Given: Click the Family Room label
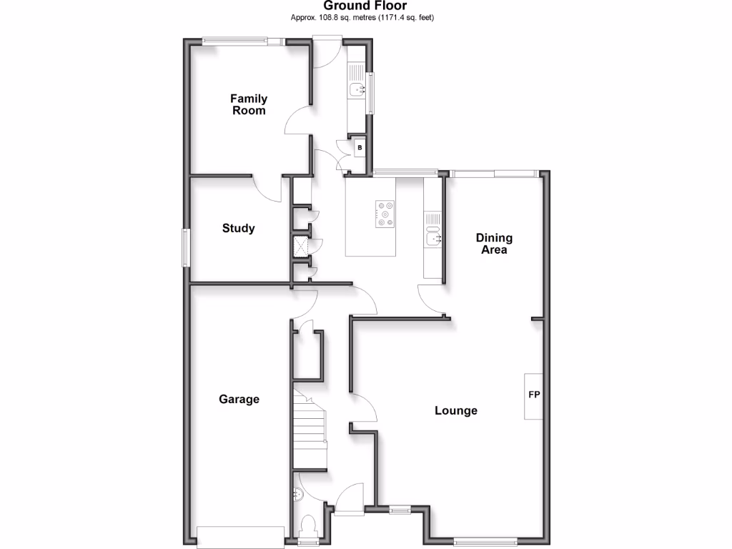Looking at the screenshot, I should (x=248, y=104).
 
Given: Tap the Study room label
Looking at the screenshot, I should (x=238, y=229).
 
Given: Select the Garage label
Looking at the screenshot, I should (x=239, y=400).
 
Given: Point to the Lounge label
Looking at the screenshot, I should (x=456, y=411).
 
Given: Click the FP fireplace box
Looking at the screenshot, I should (x=533, y=395).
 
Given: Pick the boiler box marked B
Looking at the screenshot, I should (x=360, y=148).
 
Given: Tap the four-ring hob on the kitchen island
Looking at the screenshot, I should (x=385, y=214).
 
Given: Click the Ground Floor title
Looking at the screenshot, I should (x=365, y=6).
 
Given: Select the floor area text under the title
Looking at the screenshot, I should (x=362, y=17).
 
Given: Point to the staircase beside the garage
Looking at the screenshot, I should (x=309, y=429).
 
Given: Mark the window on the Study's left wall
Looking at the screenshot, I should (x=185, y=247).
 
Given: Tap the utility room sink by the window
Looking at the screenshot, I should (x=357, y=89).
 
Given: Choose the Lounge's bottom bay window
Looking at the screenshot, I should (x=485, y=540).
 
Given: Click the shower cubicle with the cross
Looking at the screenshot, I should (x=301, y=247).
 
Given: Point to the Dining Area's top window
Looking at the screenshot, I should (x=494, y=172).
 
